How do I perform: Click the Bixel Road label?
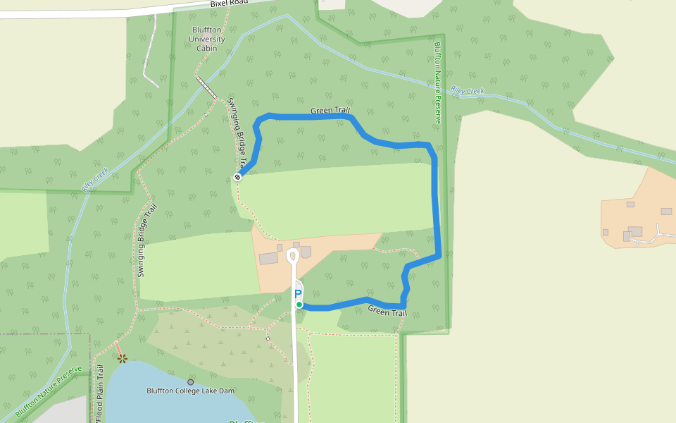tap(230, 4)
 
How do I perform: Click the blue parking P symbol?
tap(298, 293)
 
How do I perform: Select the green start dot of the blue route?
tap(299, 305)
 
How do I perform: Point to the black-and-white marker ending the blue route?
tap(237, 177)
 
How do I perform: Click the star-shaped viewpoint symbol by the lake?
tap(123, 358)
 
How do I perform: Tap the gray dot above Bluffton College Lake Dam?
tap(190, 382)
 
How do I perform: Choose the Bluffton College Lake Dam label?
tap(190, 391)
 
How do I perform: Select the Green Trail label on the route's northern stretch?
tap(330, 111)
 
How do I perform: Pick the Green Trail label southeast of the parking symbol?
tap(387, 311)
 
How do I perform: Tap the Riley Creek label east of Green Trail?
tap(468, 91)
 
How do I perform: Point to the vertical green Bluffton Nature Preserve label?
tap(437, 82)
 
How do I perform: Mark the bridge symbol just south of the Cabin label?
tap(206, 87)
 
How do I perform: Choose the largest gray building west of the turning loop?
tap(268, 259)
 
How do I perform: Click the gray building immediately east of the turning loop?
tap(306, 252)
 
